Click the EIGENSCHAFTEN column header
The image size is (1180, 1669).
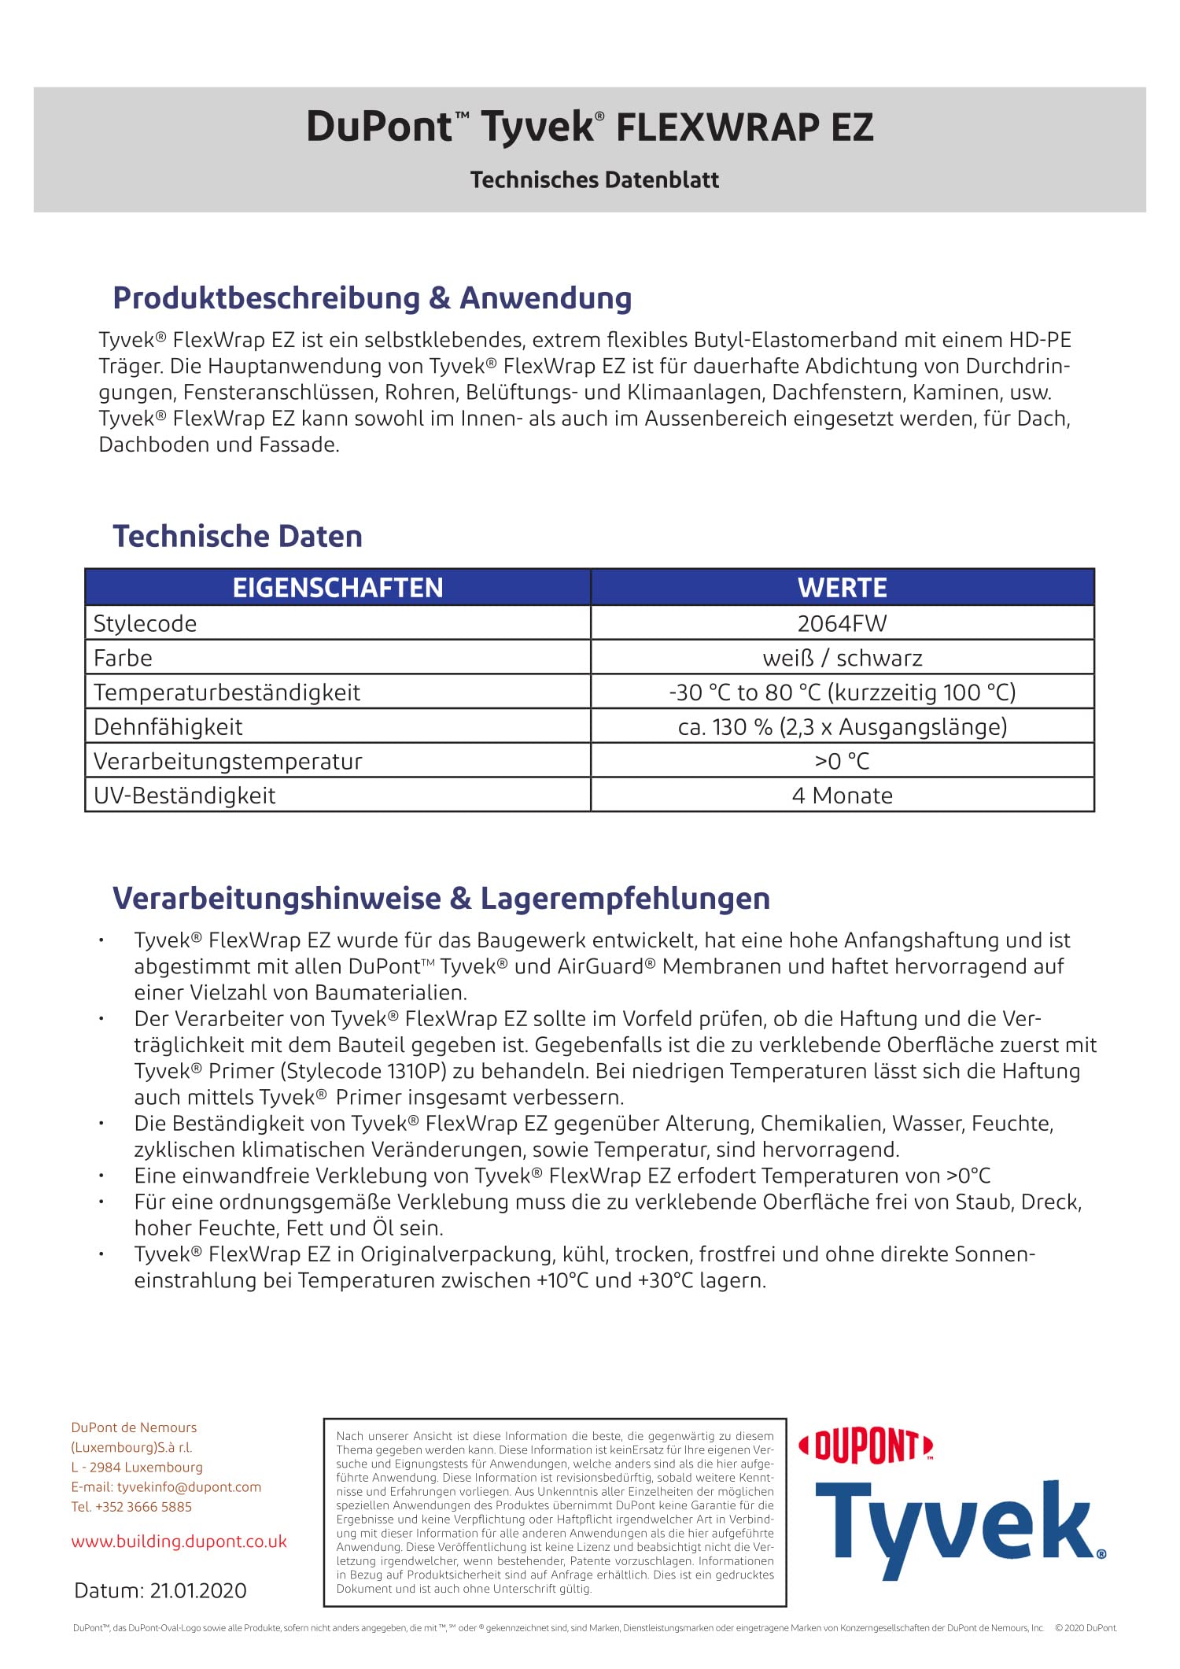pyautogui.click(x=337, y=588)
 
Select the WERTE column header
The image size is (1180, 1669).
pyautogui.click(x=842, y=588)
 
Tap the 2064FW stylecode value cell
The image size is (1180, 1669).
pyautogui.click(x=842, y=623)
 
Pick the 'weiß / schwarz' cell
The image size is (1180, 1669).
pyautogui.click(x=842, y=658)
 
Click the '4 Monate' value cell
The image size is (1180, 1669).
pyautogui.click(x=842, y=796)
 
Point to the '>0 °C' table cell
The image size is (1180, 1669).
pyautogui.click(x=842, y=761)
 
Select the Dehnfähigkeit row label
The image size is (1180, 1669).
pyautogui.click(x=168, y=726)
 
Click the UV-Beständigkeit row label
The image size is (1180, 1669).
pyautogui.click(x=185, y=796)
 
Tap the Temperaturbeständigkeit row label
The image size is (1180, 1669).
pyautogui.click(x=227, y=692)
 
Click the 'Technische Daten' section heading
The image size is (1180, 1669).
pyautogui.click(x=238, y=536)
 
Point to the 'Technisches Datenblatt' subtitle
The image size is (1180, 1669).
pyautogui.click(x=594, y=179)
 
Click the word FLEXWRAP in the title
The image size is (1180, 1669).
pyautogui.click(x=717, y=127)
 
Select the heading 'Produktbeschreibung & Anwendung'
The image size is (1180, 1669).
pyautogui.click(x=372, y=298)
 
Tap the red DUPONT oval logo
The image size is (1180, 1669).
pyautogui.click(x=865, y=1446)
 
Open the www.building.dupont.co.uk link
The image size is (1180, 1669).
pyautogui.click(x=179, y=1542)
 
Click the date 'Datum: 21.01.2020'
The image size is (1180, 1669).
pyautogui.click(x=160, y=1590)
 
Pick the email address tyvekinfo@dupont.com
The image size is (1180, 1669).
pyautogui.click(x=189, y=1486)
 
